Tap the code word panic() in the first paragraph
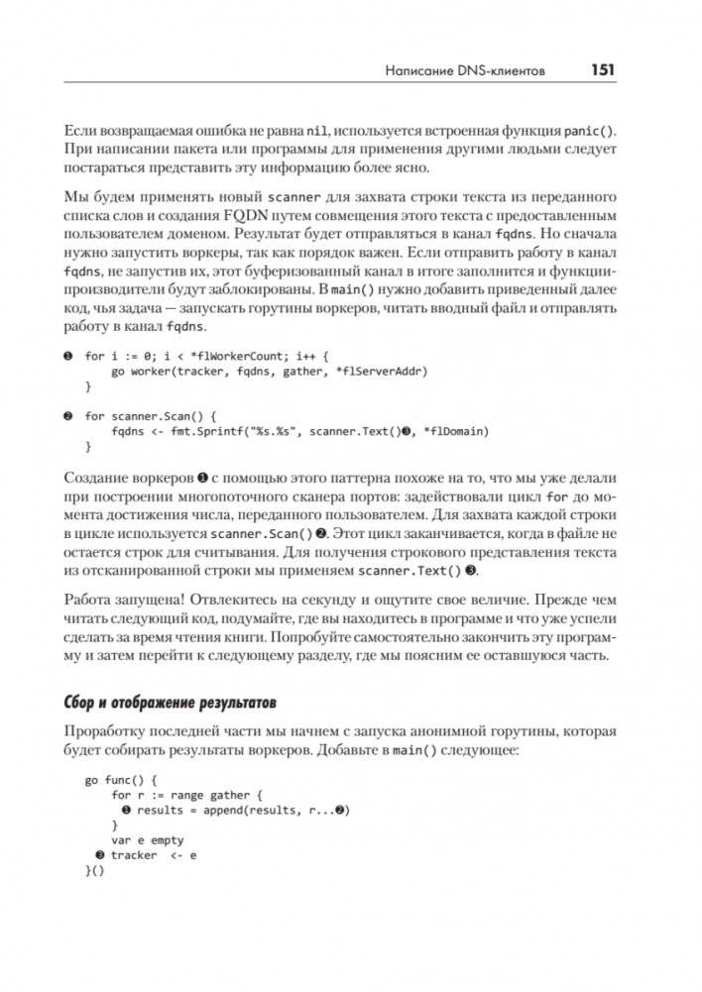(x=589, y=131)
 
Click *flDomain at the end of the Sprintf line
(x=455, y=431)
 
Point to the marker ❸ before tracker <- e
(x=99, y=855)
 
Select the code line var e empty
(x=148, y=840)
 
